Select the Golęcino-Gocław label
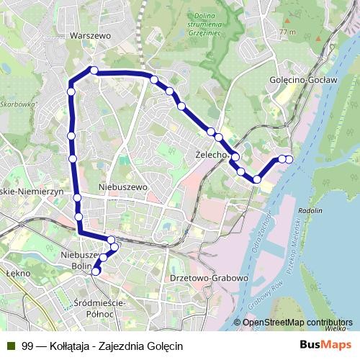(302, 81)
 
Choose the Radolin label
(310, 210)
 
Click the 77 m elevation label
(288, 32)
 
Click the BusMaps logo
(325, 346)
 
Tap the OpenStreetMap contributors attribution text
(297, 323)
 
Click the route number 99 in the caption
(27, 346)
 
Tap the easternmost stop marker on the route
(289, 159)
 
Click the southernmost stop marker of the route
(96, 271)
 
